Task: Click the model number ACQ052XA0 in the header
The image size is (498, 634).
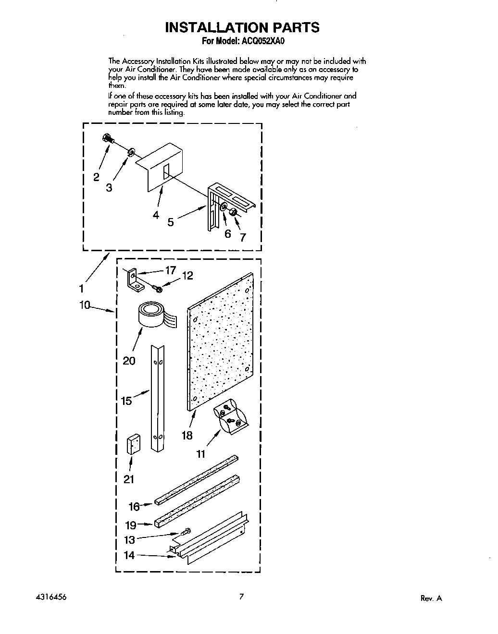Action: click(x=263, y=41)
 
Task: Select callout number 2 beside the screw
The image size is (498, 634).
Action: click(x=96, y=177)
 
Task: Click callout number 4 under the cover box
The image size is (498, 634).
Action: click(x=156, y=215)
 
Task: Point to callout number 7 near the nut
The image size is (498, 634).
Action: click(x=243, y=237)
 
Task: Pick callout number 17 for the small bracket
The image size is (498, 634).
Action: click(x=170, y=270)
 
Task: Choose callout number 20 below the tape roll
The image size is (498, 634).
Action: click(x=129, y=360)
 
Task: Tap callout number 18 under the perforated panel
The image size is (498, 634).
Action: click(x=187, y=435)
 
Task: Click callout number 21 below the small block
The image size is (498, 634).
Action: click(x=129, y=479)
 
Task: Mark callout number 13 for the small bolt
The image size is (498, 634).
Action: click(x=129, y=540)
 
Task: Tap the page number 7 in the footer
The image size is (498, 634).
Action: click(x=242, y=597)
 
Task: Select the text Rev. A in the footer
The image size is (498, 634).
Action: click(x=431, y=598)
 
